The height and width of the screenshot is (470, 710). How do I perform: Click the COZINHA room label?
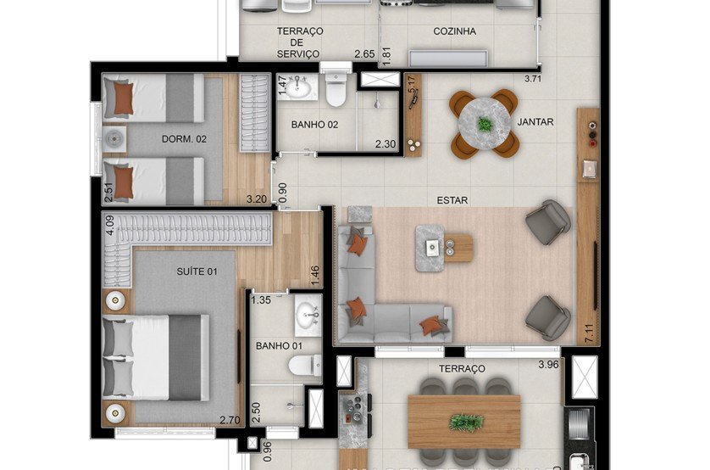click(x=454, y=31)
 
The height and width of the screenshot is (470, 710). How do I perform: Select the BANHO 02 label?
click(x=314, y=125)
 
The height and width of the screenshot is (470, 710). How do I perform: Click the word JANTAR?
click(x=535, y=122)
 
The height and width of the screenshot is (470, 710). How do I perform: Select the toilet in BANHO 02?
click(x=336, y=90)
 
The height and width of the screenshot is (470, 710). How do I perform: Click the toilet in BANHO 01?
click(x=301, y=366)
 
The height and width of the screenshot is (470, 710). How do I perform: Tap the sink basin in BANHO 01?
click(x=308, y=316)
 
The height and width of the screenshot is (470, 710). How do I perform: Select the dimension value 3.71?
click(x=532, y=79)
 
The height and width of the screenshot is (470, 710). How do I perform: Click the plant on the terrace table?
click(x=464, y=422)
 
